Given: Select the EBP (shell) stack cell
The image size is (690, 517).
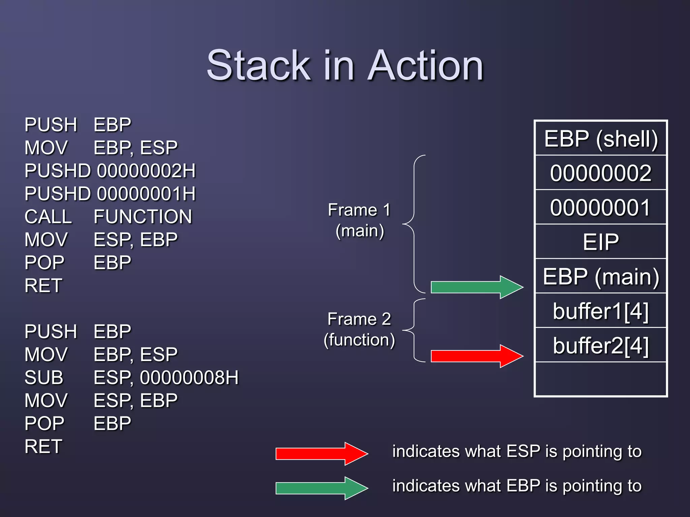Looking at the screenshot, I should (x=601, y=139).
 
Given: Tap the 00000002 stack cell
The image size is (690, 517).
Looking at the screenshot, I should (x=601, y=173).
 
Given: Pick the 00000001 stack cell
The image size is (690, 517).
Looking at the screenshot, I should (x=601, y=207).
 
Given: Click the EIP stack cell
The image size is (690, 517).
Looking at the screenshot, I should (x=601, y=242).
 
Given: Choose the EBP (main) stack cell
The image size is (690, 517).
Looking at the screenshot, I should (x=601, y=276).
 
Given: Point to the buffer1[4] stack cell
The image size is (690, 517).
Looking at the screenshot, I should (x=601, y=311).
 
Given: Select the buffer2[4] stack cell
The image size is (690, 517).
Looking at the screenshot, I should (x=601, y=345).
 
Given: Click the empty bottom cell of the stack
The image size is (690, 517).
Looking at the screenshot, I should (x=601, y=379).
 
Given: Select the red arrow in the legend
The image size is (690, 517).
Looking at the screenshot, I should (x=321, y=454).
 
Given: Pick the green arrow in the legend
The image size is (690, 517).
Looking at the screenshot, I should (x=321, y=488).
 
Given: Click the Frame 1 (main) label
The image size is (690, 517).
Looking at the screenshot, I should (x=359, y=220).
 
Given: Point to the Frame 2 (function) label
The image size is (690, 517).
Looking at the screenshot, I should (x=359, y=329).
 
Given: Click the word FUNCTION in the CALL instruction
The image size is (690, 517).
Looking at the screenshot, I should (x=143, y=216).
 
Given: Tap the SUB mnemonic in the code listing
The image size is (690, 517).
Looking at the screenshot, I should (x=44, y=377).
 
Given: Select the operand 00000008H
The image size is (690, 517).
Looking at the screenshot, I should (x=189, y=377).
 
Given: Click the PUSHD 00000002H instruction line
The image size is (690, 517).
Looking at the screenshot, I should (x=110, y=171).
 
